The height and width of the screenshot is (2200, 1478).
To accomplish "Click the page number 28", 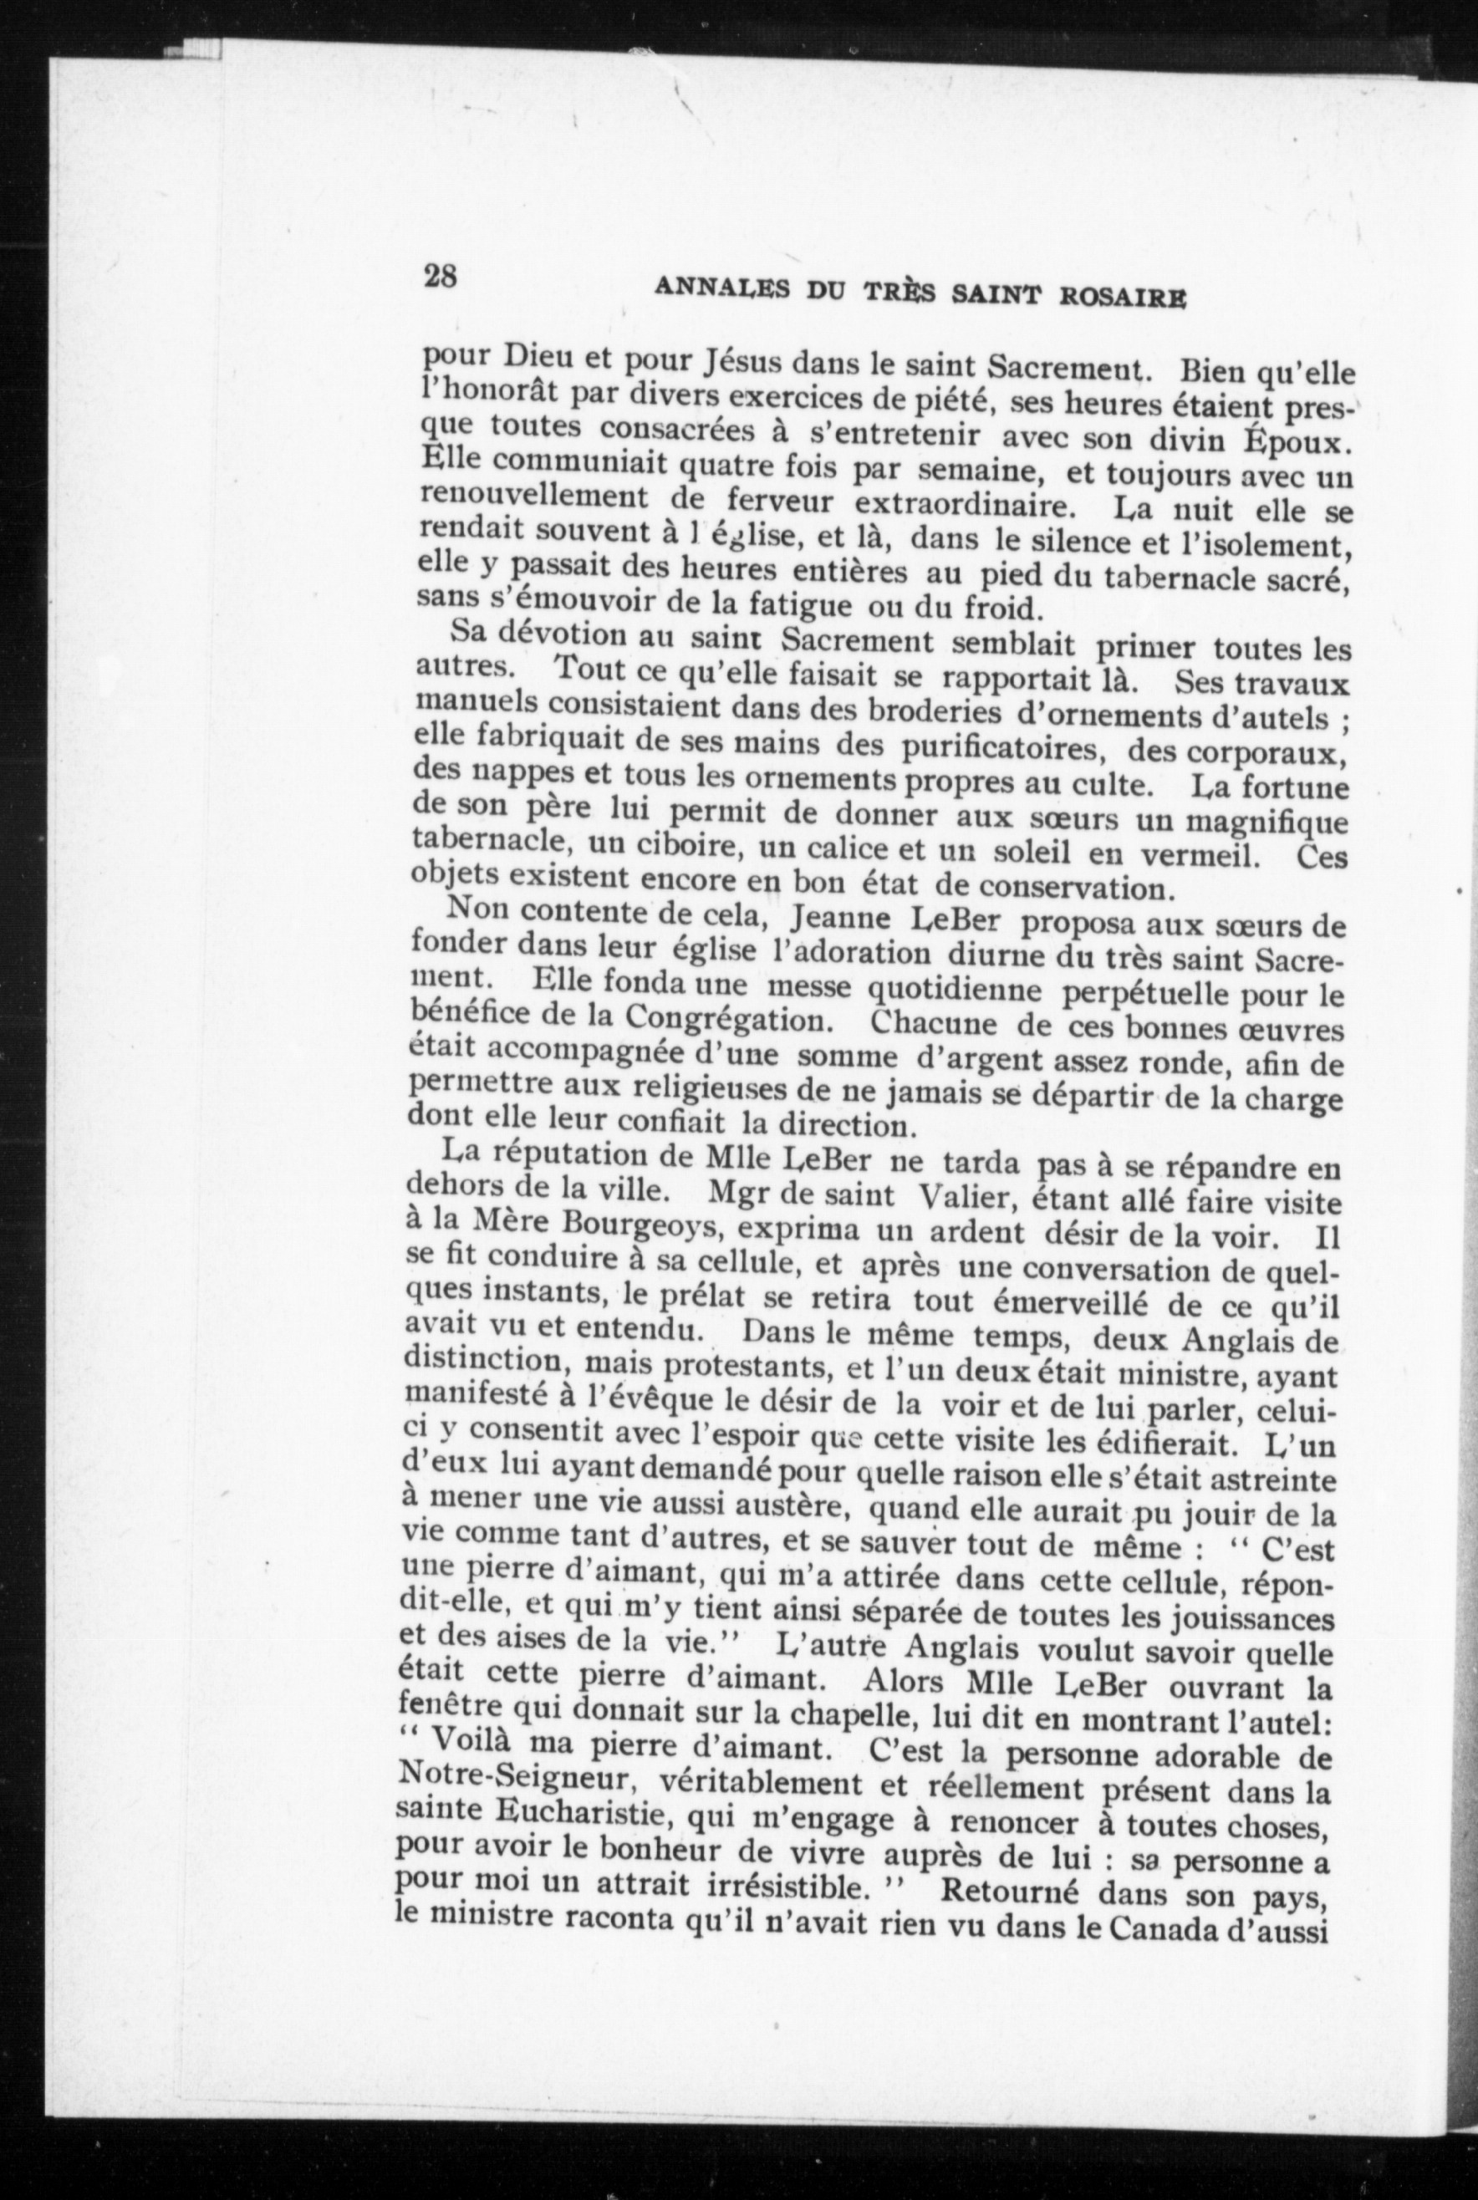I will pos(441,276).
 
